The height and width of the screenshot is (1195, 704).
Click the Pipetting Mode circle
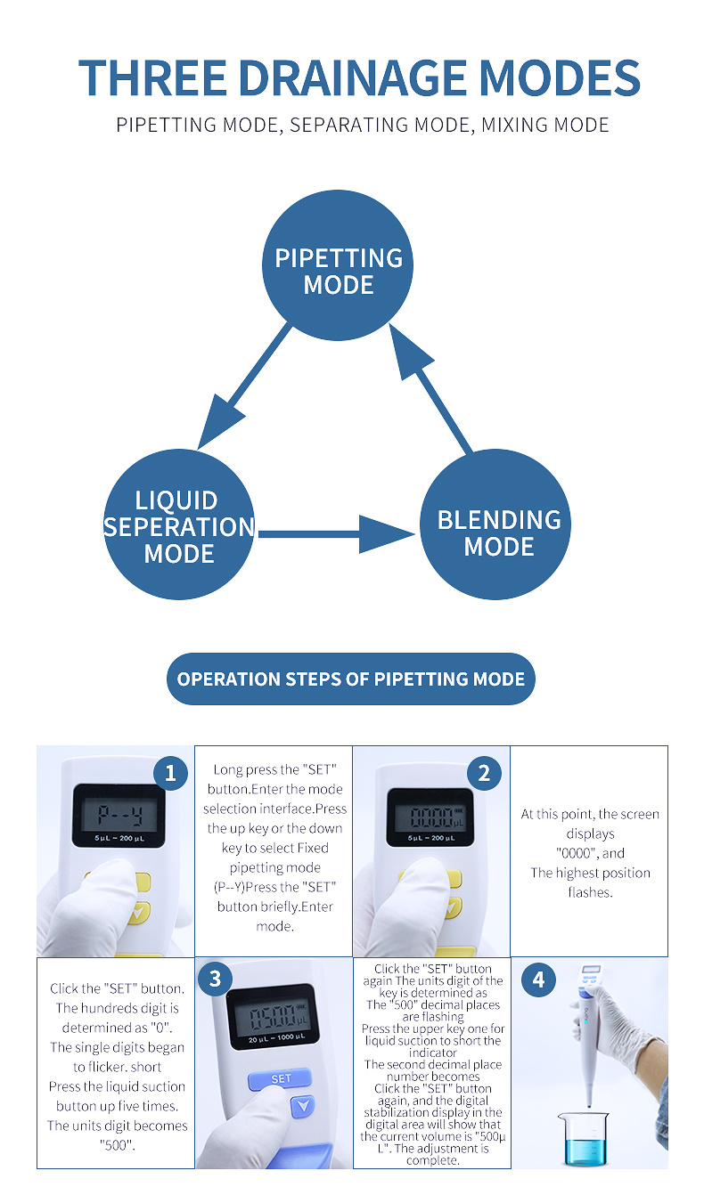tap(338, 265)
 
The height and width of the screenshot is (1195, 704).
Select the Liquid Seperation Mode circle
tap(179, 525)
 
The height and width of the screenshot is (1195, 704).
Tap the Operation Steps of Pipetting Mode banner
tap(351, 679)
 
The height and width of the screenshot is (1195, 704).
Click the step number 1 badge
tap(170, 773)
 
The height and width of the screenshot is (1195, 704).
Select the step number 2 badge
tap(484, 773)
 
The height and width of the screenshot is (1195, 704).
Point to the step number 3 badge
tap(215, 980)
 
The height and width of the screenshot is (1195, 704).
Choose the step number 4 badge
tap(537, 980)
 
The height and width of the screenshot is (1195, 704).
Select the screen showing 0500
tap(274, 1014)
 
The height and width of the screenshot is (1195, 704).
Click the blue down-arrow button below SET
tap(304, 1107)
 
